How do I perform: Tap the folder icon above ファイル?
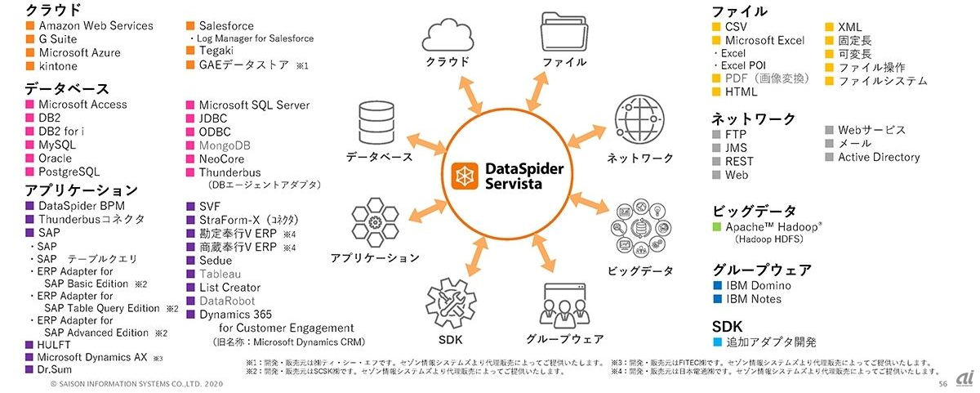point(564,33)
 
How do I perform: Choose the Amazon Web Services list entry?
point(96,25)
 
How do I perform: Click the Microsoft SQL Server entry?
point(254,105)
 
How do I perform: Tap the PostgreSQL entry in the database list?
point(69,172)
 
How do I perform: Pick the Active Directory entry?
point(879,157)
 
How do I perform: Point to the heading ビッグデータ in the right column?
point(754,211)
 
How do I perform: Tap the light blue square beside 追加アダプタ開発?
point(717,342)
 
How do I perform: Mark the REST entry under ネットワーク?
point(738,161)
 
